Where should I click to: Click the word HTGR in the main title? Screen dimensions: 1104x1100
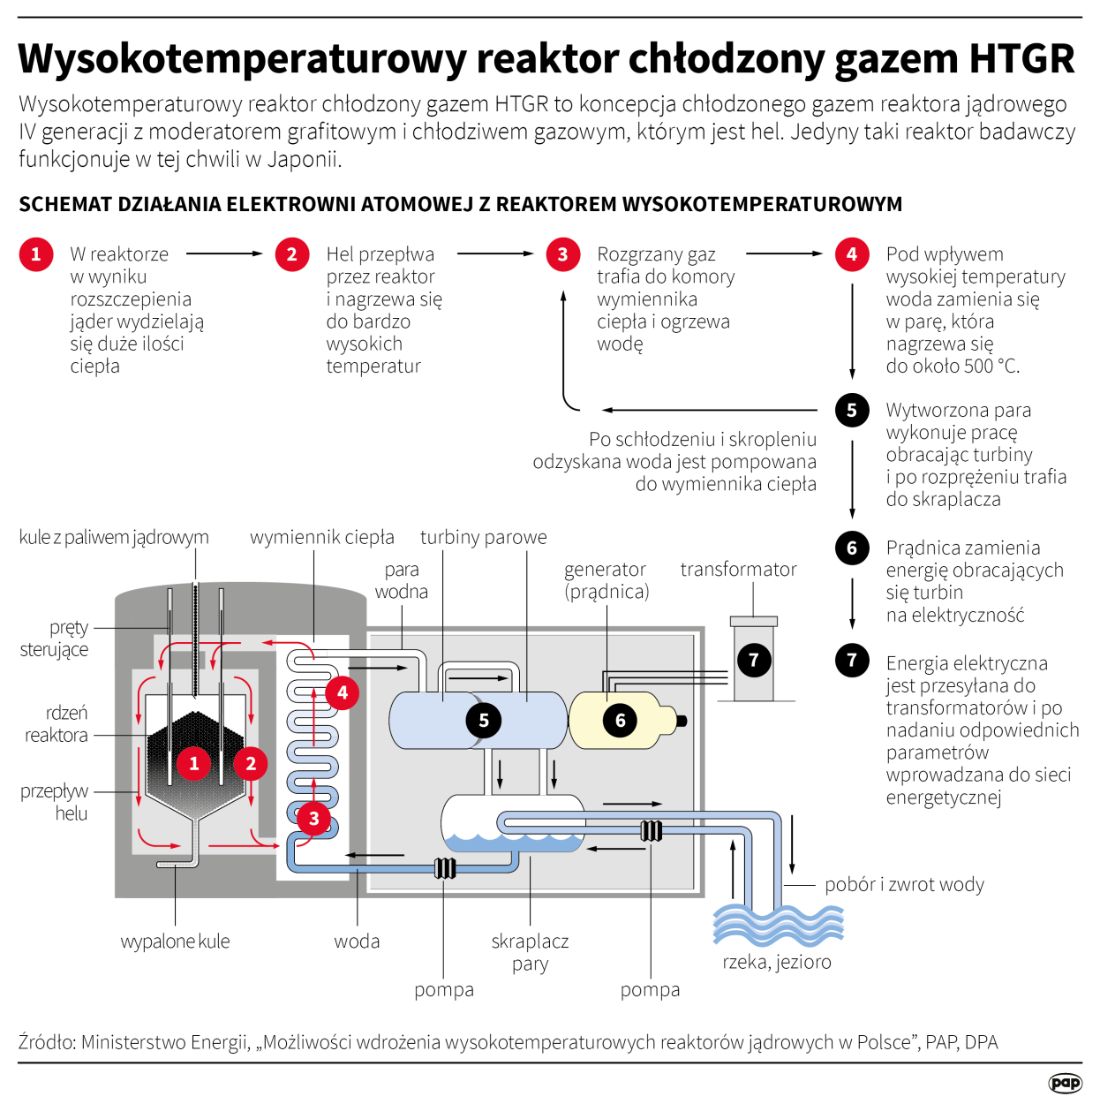point(1021,59)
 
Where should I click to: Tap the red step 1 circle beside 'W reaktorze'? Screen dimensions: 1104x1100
point(36,254)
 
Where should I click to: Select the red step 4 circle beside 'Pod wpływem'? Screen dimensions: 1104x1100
point(852,254)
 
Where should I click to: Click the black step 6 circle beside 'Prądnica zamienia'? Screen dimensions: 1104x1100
point(852,548)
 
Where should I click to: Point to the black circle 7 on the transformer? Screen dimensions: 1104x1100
point(754,659)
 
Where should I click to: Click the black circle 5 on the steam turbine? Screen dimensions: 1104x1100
point(484,720)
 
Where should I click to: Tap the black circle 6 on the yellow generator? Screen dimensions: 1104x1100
point(620,720)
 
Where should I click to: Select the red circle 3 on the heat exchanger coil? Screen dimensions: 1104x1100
point(313,818)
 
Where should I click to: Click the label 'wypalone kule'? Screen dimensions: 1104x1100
point(175,941)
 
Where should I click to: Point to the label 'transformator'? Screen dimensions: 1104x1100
point(738,570)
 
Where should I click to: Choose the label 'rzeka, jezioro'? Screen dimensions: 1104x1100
point(777,962)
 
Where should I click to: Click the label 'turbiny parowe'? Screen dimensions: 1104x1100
point(483,537)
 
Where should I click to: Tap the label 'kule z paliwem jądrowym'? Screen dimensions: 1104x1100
point(114,537)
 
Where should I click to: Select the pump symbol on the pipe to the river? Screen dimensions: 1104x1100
point(652,830)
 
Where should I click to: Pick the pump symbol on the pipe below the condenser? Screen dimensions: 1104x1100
point(446,868)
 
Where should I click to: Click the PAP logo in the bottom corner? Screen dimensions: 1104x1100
point(1065,1083)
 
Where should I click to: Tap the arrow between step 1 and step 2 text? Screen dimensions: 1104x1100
point(225,253)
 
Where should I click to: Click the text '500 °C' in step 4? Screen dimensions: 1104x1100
point(987,367)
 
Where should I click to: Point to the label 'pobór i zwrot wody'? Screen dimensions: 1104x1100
point(904,884)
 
